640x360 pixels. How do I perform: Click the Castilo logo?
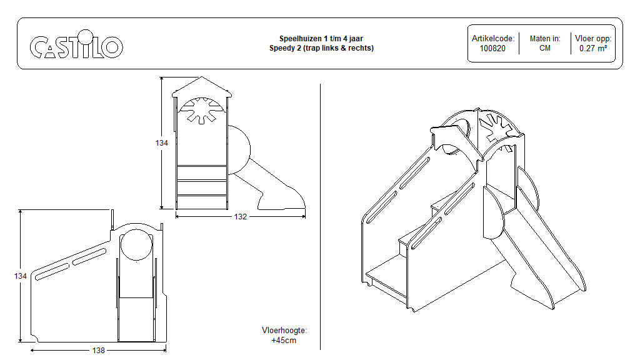pyautogui.click(x=76, y=47)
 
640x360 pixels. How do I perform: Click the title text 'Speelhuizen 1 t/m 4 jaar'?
pyautogui.click(x=321, y=39)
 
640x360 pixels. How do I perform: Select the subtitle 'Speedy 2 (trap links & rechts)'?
pyautogui.click(x=321, y=48)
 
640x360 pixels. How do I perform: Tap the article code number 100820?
pyautogui.click(x=492, y=48)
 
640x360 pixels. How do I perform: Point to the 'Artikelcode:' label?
pyautogui.click(x=492, y=39)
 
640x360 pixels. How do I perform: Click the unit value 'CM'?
pyautogui.click(x=544, y=48)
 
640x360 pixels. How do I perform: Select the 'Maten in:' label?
pyautogui.click(x=544, y=39)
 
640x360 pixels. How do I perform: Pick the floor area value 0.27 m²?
pyautogui.click(x=592, y=48)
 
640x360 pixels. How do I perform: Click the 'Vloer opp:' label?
pyautogui.click(x=592, y=39)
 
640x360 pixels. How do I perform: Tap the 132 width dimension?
pyautogui.click(x=241, y=217)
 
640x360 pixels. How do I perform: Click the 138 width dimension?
pyautogui.click(x=99, y=351)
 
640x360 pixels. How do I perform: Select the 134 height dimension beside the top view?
pyautogui.click(x=162, y=143)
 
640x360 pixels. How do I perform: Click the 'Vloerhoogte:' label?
pyautogui.click(x=284, y=331)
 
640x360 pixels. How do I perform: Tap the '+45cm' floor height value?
pyautogui.click(x=284, y=341)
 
